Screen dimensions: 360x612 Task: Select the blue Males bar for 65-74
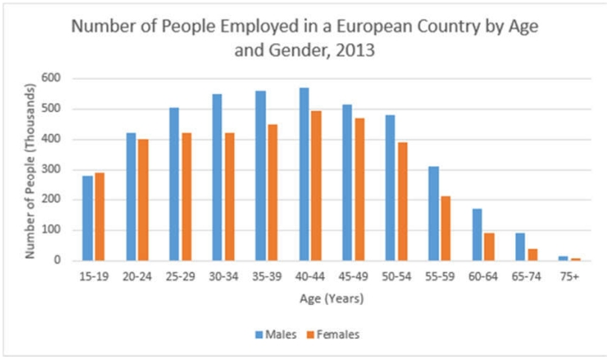520,247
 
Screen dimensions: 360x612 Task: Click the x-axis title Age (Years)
331,300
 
